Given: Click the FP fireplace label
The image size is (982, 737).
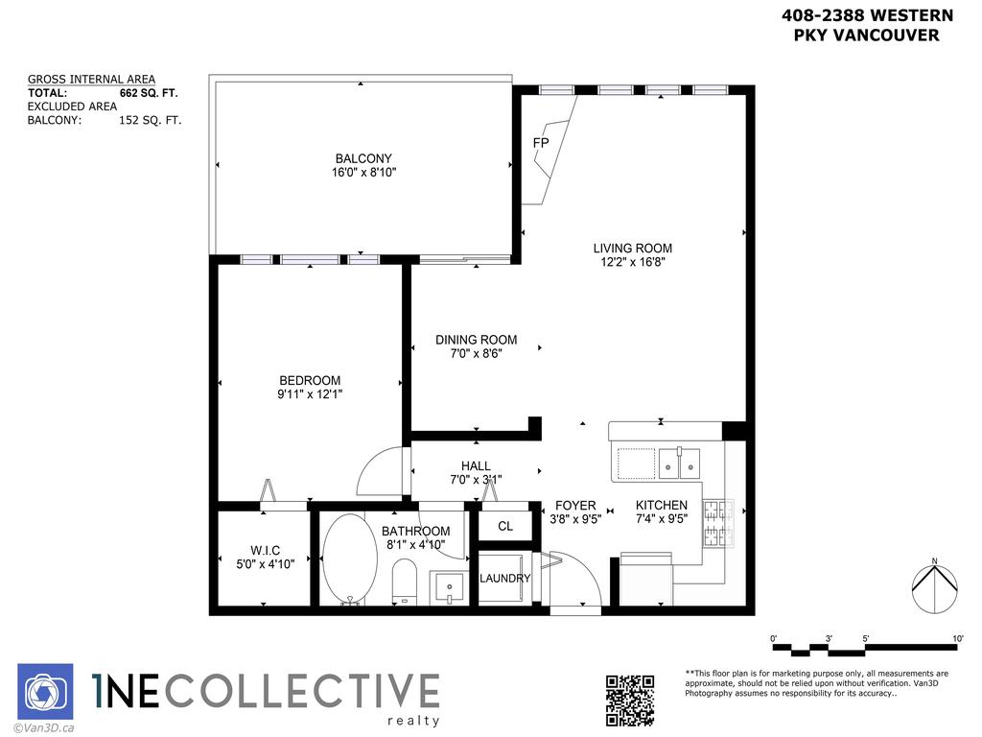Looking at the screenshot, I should pos(541,143).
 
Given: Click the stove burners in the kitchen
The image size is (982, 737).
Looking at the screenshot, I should pos(718,523).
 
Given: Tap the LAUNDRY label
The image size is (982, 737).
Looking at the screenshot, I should pos(504,579).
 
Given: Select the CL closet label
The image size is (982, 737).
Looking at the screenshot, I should pos(504,526).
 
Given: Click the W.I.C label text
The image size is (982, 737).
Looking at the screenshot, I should pos(265,550).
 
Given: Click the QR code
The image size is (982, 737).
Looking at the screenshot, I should pos(631,701).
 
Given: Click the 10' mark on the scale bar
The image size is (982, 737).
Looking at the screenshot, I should pos(958,638).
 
